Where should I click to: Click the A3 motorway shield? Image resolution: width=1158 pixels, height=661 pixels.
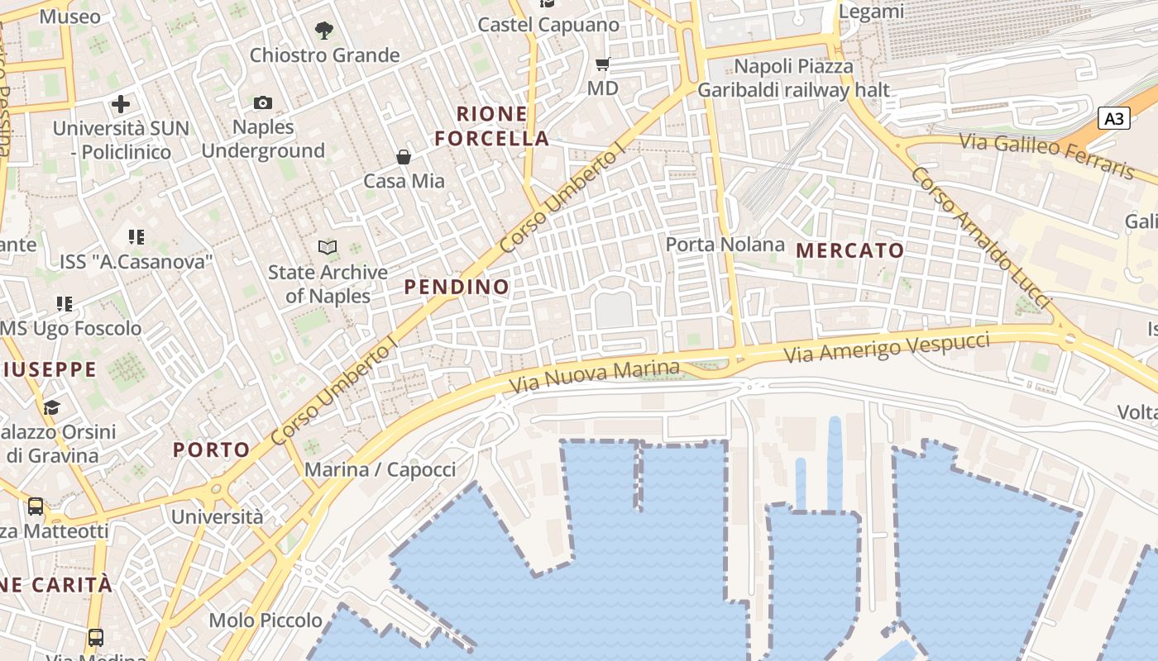pos(1114,119)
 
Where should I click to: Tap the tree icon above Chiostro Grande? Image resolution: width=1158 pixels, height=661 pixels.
pos(324,31)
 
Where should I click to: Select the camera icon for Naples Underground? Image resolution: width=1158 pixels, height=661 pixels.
pos(263,102)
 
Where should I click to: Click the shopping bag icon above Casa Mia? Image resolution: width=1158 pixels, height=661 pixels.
pos(404,157)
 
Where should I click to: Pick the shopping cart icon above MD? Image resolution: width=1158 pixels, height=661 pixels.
pos(603,64)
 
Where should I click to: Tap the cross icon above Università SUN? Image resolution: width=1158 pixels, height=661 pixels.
pos(121,104)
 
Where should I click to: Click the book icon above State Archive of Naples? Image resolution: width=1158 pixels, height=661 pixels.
pos(328,248)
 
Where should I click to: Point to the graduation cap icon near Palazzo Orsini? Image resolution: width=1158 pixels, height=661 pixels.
pos(51,407)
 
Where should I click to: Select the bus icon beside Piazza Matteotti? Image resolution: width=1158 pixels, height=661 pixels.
pos(36,506)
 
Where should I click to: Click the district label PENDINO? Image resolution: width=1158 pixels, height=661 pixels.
pos(457,288)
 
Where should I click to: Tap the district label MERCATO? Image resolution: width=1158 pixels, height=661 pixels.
pos(850,250)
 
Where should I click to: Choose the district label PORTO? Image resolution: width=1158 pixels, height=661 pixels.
pos(211,450)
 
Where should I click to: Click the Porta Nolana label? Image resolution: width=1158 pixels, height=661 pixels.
pos(725,245)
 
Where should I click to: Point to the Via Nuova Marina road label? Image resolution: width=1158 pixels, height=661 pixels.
pos(594,377)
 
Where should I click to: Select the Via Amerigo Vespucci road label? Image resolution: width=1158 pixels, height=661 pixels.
pos(887,348)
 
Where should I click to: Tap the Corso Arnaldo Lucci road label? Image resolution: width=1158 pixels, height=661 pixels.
pos(980,237)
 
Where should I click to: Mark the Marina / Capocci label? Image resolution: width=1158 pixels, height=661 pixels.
pos(380,470)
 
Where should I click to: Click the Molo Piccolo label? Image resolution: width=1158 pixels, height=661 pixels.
pos(266,621)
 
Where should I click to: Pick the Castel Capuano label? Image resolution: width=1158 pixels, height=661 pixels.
pos(548,25)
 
